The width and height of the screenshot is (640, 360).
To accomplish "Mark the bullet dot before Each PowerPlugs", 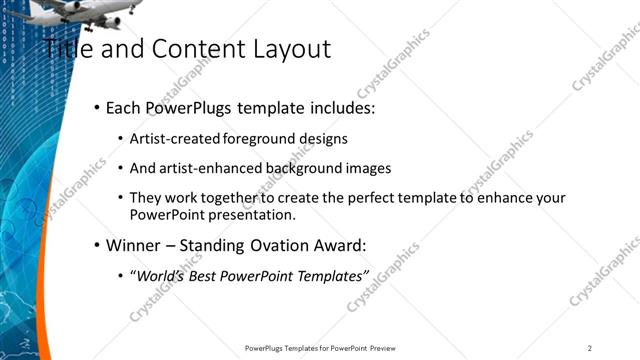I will click(96, 108).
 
